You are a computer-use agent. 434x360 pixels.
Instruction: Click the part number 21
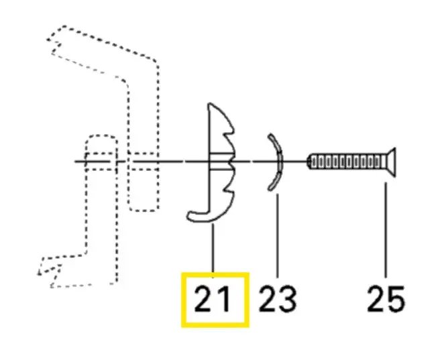coord(212,299)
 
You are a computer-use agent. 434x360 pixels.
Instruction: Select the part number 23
coord(278,299)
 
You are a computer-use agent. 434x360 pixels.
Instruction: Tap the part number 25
coord(386,299)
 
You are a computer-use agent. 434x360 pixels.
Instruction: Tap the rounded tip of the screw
coord(309,162)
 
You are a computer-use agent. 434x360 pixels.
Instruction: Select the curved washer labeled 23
coord(280,162)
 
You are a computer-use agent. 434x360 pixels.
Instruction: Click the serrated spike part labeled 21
coord(221,162)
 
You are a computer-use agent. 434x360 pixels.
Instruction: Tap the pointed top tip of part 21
coord(209,105)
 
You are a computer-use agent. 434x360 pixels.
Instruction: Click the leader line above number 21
coord(213,251)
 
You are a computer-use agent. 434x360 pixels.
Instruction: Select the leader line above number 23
coord(277,235)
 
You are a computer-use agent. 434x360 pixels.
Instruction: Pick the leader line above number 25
coord(386,230)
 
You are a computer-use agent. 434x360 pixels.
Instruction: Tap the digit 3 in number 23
coord(288,300)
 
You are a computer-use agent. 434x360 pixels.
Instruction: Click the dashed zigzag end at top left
coord(54,44)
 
